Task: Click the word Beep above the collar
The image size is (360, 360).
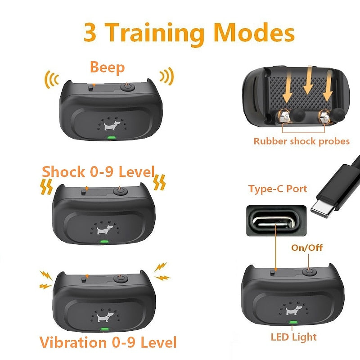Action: (x=107, y=67)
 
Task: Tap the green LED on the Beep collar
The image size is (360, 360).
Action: (x=110, y=138)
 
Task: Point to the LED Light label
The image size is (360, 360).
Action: (x=293, y=337)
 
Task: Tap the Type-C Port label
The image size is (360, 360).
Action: (x=278, y=189)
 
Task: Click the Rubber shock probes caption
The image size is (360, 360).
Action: (x=301, y=141)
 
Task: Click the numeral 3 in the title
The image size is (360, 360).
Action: (x=93, y=32)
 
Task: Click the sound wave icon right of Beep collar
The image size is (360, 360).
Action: (x=167, y=77)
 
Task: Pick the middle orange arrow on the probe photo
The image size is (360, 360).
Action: (x=308, y=81)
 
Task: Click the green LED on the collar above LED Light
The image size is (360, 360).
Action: (x=293, y=322)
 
